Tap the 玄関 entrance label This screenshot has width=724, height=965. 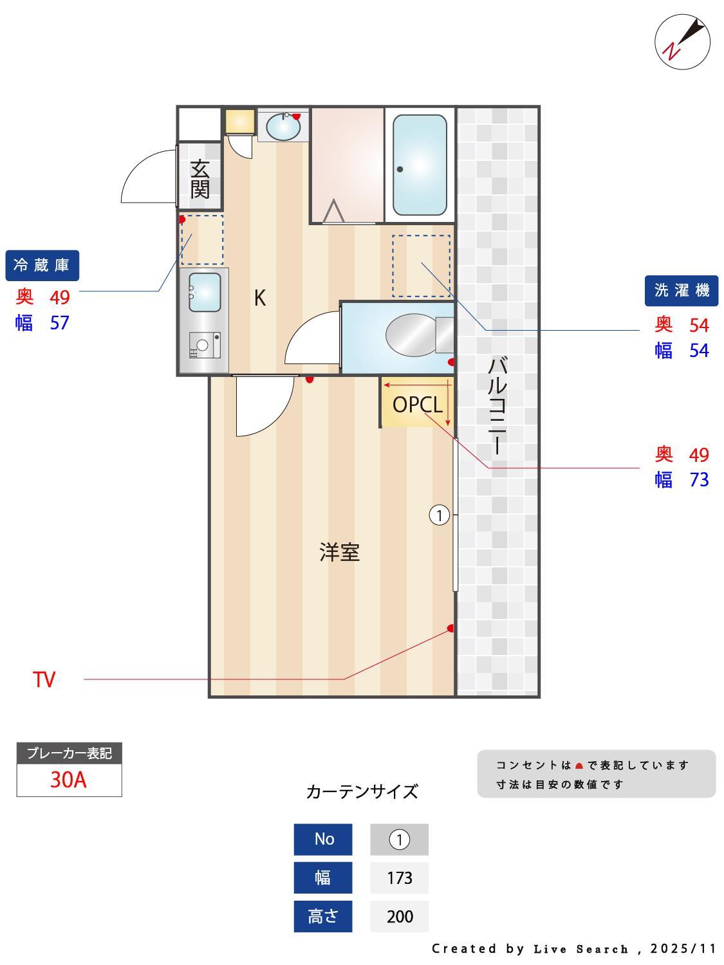[x=200, y=179]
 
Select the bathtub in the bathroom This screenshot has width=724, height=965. [x=420, y=165]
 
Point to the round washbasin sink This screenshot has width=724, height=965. [x=284, y=127]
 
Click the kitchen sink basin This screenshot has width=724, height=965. [x=205, y=292]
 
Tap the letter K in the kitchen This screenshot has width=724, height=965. [x=260, y=298]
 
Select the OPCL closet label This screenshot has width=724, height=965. [x=417, y=405]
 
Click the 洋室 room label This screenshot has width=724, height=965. [x=339, y=552]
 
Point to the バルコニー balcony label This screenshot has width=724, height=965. [x=497, y=406]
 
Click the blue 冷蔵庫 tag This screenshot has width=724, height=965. [x=42, y=266]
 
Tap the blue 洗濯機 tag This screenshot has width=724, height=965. [x=682, y=291]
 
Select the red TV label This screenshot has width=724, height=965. [x=44, y=679]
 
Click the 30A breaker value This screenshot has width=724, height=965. [x=68, y=780]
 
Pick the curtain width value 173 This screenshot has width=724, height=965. [x=400, y=878]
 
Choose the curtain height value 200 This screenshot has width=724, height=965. [x=400, y=917]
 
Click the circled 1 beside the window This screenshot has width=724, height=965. [x=439, y=515]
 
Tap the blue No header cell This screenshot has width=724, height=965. [x=323, y=840]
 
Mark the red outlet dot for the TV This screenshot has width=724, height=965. [x=450, y=628]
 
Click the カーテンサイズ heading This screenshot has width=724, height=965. [x=362, y=791]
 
